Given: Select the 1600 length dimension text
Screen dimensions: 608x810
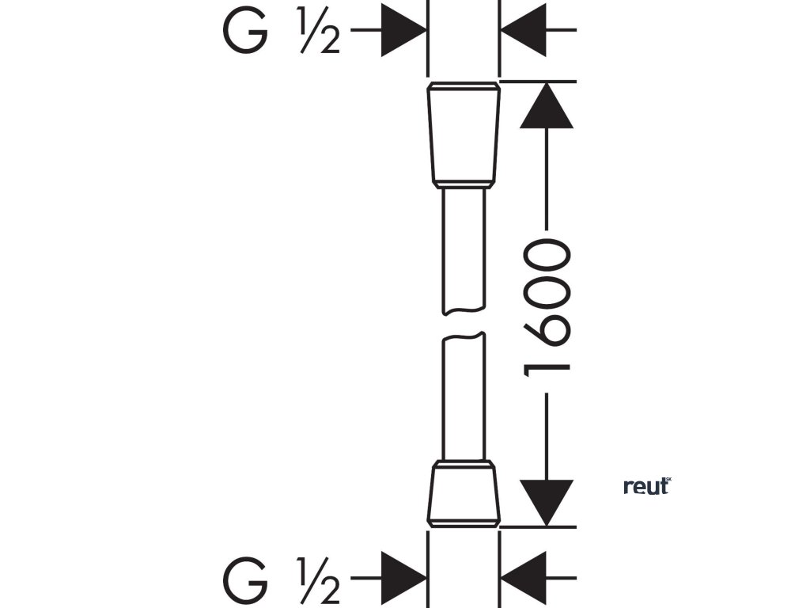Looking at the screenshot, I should click(x=547, y=305).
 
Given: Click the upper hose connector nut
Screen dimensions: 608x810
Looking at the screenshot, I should click(x=464, y=134).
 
